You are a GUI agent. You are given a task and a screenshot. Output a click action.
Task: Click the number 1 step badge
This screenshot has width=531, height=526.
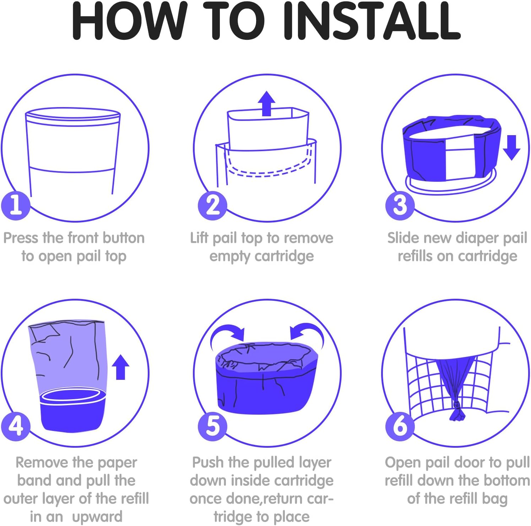click(x=16, y=205)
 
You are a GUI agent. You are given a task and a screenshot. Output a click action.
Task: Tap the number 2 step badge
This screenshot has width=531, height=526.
click(x=212, y=205)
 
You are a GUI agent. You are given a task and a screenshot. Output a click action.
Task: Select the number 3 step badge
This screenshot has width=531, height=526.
click(x=400, y=205)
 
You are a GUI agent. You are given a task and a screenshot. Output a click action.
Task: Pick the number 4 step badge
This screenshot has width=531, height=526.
click(x=16, y=426)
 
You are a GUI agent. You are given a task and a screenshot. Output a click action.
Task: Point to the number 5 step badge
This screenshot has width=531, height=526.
click(x=212, y=426)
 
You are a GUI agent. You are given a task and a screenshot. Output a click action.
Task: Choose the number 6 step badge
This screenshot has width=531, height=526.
click(x=400, y=426)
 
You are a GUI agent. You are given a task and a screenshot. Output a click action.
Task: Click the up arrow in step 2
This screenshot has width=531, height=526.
click(x=266, y=103)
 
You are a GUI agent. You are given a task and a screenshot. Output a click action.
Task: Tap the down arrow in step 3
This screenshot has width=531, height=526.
click(x=511, y=148)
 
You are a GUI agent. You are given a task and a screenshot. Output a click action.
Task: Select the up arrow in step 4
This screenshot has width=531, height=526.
click(x=121, y=367)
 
